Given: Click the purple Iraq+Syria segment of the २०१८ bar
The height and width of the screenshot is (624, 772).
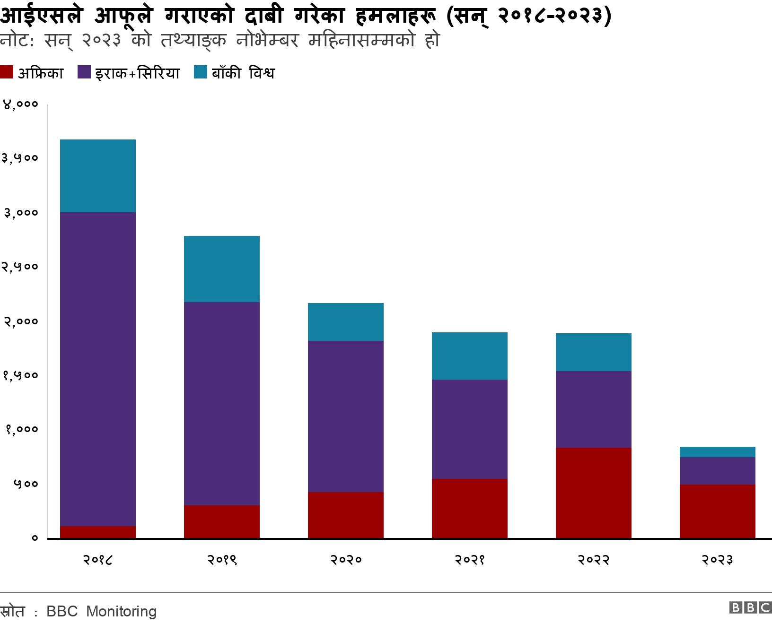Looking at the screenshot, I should [x=98, y=369].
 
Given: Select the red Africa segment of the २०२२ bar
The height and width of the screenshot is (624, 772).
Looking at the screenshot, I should [x=593, y=493].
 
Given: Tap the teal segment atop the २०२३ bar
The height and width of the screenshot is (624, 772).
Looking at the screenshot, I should [x=717, y=452].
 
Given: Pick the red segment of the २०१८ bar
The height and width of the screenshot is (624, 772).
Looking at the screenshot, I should [x=98, y=532].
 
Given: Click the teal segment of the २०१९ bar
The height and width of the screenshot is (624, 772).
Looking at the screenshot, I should [x=221, y=269].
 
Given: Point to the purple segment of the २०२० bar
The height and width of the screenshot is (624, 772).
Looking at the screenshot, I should [x=345, y=416].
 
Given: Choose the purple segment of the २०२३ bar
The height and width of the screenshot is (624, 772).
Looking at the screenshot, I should [x=717, y=471].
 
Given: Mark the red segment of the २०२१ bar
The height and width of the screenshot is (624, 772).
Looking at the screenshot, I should [x=469, y=508].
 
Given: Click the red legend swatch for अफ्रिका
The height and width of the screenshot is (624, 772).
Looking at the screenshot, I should [x=7, y=73].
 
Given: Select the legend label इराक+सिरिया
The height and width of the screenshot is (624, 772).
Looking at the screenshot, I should [x=137, y=73].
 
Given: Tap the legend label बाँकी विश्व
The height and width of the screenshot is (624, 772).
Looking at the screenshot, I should [x=243, y=73].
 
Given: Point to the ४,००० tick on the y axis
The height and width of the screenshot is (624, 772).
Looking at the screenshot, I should [x=20, y=104].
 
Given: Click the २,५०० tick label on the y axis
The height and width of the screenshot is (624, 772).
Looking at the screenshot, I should [x=20, y=267].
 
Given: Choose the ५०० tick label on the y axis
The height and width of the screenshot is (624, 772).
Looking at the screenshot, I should [x=25, y=484].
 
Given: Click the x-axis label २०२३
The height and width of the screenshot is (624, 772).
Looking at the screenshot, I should [x=717, y=560].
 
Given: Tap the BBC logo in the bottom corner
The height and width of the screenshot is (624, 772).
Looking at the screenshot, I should [x=750, y=607].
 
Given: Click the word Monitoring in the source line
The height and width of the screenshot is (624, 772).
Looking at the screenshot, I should [x=122, y=611].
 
